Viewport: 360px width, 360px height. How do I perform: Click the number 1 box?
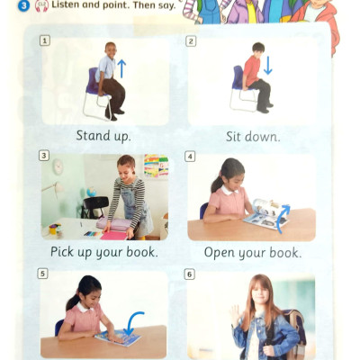(x=45, y=40)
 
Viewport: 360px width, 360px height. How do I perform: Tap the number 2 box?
(x=191, y=41)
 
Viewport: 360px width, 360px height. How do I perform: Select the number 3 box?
(x=44, y=156)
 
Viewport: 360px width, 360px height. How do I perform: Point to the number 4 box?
(x=190, y=157)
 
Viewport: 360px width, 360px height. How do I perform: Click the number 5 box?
(x=42, y=274)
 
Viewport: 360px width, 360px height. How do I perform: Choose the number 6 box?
(x=189, y=274)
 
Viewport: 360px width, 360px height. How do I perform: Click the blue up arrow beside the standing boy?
(x=121, y=68)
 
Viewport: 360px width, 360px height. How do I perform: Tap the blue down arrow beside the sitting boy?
(x=267, y=65)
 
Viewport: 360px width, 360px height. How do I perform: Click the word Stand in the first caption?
(x=89, y=136)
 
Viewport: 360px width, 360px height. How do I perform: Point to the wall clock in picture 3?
(x=58, y=166)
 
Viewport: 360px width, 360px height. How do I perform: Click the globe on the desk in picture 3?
(x=91, y=192)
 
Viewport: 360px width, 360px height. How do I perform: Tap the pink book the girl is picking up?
(x=114, y=235)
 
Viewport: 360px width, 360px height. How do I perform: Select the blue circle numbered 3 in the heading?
(x=23, y=6)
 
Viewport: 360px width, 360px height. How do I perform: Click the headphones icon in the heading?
(x=41, y=6)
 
